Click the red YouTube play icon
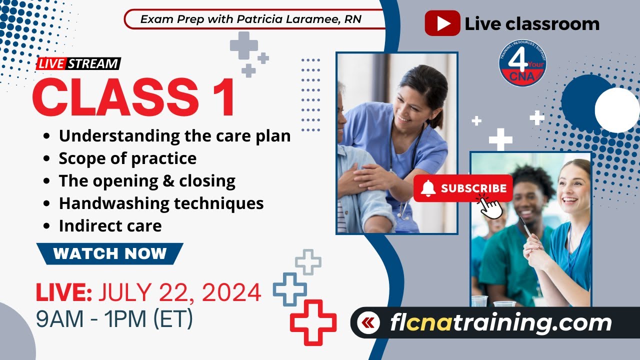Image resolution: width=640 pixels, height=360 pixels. [x=442, y=23]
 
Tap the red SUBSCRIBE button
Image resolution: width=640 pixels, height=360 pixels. [x=463, y=188]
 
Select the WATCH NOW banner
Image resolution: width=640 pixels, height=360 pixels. [x=110, y=253]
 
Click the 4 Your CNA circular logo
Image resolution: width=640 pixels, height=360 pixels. [x=522, y=63]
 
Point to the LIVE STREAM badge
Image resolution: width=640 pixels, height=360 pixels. [x=78, y=63]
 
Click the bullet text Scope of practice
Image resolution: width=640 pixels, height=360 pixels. [x=127, y=158]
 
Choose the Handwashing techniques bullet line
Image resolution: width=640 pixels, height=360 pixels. [x=161, y=203]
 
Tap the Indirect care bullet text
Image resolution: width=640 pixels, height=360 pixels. [x=110, y=225]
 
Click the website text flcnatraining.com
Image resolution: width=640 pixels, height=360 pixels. [x=500, y=323]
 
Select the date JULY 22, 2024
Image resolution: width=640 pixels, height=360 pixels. [x=179, y=292]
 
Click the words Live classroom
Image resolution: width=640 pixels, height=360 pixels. [x=532, y=23]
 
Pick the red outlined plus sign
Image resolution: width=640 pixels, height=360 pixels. [x=313, y=322]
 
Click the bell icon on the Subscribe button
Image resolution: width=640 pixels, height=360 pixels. [x=428, y=188]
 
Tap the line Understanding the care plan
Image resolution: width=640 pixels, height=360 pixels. [x=174, y=136]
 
